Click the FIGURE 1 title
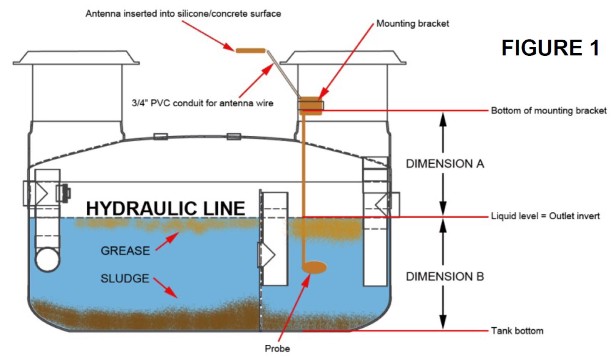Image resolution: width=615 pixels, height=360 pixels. coord(550,48)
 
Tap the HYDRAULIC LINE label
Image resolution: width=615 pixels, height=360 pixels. coord(165,208)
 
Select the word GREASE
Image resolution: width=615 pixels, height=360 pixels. coord(125,251)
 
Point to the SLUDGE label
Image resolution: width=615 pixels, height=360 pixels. coord(125,278)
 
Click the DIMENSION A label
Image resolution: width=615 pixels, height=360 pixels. coord(445,164)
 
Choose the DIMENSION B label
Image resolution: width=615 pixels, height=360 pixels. coord(445,276)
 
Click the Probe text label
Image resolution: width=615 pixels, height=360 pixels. coord(277,349)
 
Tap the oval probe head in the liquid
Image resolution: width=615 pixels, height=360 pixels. coord(314,267)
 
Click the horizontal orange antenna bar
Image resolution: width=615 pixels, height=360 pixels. coord(250,51)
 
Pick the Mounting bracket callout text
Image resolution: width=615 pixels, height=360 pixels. coord(413,24)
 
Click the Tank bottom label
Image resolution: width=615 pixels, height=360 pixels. coord(517,331)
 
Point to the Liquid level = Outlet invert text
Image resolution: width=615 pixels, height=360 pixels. coord(545,216)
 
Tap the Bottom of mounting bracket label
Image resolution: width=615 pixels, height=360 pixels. coord(548,111)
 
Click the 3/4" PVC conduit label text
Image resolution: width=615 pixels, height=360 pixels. coord(202,103)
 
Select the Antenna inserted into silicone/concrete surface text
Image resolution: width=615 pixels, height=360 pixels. coord(183,14)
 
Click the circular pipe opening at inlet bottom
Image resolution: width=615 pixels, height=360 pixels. coord(48,260)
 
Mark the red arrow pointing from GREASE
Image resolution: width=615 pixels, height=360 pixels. coord(167,241)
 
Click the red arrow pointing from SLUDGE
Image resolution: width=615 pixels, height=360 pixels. coord(165,287)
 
